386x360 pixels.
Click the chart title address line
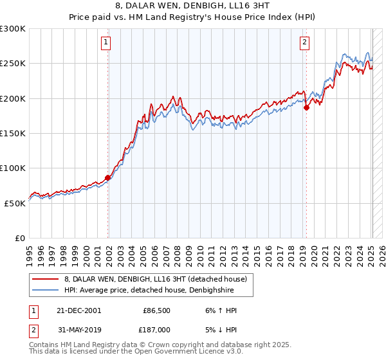pyautogui.click(x=192, y=6)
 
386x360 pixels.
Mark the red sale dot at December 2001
pyautogui.click(x=108, y=177)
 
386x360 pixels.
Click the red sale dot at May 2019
pyautogui.click(x=306, y=108)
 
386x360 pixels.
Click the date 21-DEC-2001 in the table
pyautogui.click(x=78, y=310)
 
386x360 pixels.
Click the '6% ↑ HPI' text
pyautogui.click(x=219, y=310)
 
